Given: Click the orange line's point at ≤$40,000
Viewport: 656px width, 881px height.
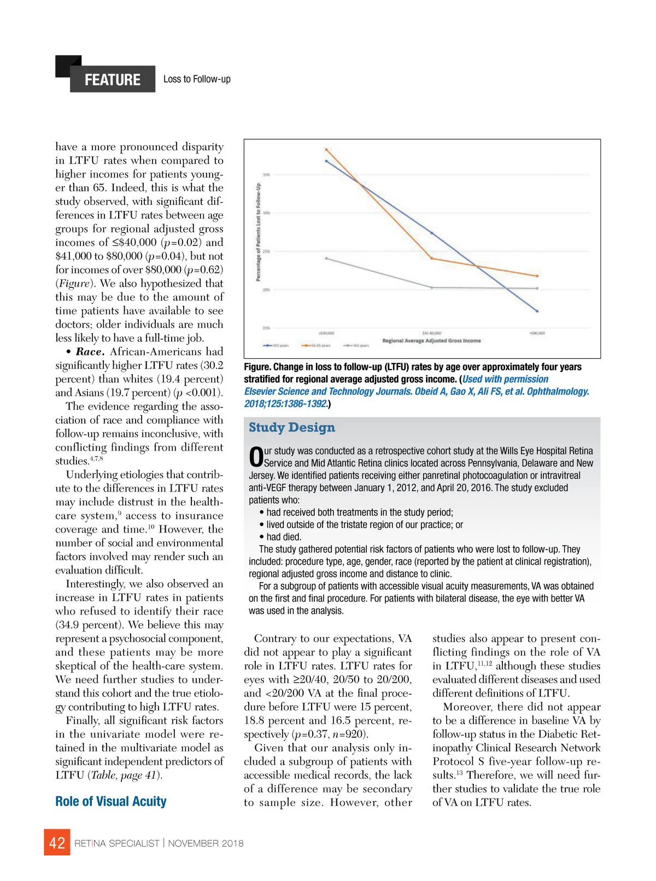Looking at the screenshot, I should (326, 149).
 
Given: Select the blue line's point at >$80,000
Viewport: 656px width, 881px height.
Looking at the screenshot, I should (537, 311).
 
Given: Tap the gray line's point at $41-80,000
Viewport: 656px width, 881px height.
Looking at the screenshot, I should (432, 287).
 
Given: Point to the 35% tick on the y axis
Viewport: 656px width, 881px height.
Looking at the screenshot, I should (266, 175).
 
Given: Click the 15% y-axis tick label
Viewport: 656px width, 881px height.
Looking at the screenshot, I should (266, 328).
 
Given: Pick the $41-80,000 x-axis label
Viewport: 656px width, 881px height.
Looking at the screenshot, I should (432, 333).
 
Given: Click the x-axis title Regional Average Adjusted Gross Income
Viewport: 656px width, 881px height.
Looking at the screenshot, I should (431, 341).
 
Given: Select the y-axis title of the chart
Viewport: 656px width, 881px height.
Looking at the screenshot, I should (258, 232).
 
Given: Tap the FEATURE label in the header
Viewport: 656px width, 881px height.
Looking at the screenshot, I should (113, 80).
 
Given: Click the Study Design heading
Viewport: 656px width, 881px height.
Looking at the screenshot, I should (292, 428).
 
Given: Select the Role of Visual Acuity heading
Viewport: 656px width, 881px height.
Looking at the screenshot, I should (111, 801).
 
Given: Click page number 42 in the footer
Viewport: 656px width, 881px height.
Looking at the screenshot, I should (57, 843).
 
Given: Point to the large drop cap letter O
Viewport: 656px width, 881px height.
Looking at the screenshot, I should (256, 457).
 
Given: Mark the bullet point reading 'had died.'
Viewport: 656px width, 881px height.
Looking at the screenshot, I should (283, 537).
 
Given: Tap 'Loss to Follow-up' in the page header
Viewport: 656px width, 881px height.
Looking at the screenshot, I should (197, 79).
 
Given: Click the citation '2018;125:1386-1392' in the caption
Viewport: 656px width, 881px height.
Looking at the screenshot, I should (286, 404).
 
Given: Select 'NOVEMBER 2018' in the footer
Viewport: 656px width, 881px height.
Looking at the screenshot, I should (206, 843).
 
